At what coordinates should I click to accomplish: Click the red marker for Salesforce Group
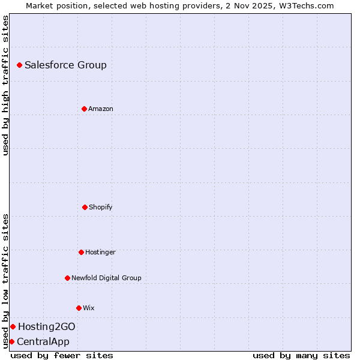click(x=19, y=65)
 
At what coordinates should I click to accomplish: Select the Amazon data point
click(x=84, y=109)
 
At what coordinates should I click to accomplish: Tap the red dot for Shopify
click(x=85, y=207)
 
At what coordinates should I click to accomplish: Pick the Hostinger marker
click(x=81, y=252)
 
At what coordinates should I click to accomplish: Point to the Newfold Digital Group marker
click(x=67, y=278)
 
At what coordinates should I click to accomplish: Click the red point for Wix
click(x=79, y=308)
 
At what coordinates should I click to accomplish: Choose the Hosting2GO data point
click(x=13, y=326)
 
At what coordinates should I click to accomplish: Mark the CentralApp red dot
click(x=11, y=341)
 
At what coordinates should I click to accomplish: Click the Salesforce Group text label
click(x=65, y=65)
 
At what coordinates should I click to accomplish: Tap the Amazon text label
click(x=101, y=109)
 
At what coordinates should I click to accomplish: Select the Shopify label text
click(x=100, y=207)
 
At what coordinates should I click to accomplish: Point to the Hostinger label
click(x=100, y=252)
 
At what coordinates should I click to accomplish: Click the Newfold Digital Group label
click(x=106, y=278)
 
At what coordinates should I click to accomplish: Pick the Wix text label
click(x=89, y=308)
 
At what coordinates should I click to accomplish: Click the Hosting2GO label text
click(x=47, y=326)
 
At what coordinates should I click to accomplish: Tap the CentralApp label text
click(x=43, y=341)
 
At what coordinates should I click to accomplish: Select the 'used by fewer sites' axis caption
click(x=62, y=355)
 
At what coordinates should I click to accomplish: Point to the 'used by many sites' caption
click(x=301, y=355)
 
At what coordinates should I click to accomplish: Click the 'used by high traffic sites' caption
click(x=5, y=85)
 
